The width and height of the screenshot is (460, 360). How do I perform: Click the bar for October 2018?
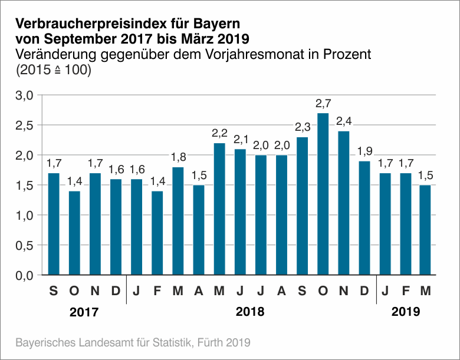[x=323, y=194]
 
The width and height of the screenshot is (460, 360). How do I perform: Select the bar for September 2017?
[x=54, y=224]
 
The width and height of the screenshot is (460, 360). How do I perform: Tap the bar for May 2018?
[x=219, y=209]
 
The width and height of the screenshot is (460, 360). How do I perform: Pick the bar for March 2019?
[x=425, y=230]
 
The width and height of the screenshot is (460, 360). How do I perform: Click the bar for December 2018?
[x=364, y=218]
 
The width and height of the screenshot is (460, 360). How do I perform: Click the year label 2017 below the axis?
[x=84, y=312]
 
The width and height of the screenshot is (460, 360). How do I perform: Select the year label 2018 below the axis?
[x=250, y=312]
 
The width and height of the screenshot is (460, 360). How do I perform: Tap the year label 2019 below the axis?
[x=406, y=312]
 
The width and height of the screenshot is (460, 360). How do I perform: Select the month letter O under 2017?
[x=74, y=292]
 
